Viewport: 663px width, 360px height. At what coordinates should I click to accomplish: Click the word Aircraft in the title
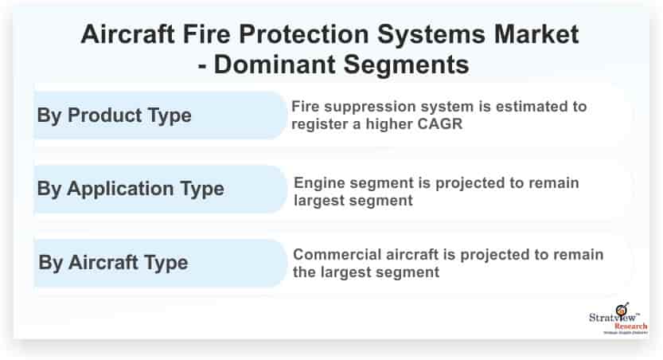[x=127, y=33]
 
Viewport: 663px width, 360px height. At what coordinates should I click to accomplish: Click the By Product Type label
[x=114, y=115]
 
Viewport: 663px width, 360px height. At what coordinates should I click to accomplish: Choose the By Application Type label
[x=131, y=189]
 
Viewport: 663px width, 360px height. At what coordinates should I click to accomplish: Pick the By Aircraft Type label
[x=113, y=263]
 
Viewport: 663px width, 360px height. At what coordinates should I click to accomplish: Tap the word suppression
[x=366, y=107]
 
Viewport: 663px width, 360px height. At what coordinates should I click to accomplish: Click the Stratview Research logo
[x=618, y=319]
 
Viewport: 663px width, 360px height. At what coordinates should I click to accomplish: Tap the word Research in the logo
[x=631, y=327]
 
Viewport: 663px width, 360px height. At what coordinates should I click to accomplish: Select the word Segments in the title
[x=406, y=65]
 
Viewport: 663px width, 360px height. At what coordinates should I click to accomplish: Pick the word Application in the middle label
[x=120, y=189]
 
